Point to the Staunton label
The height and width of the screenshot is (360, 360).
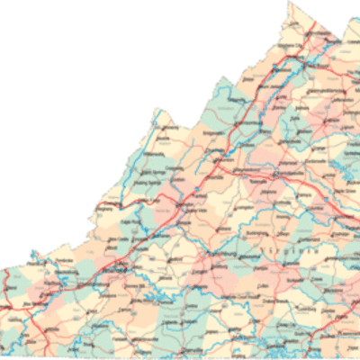click(219, 168)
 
